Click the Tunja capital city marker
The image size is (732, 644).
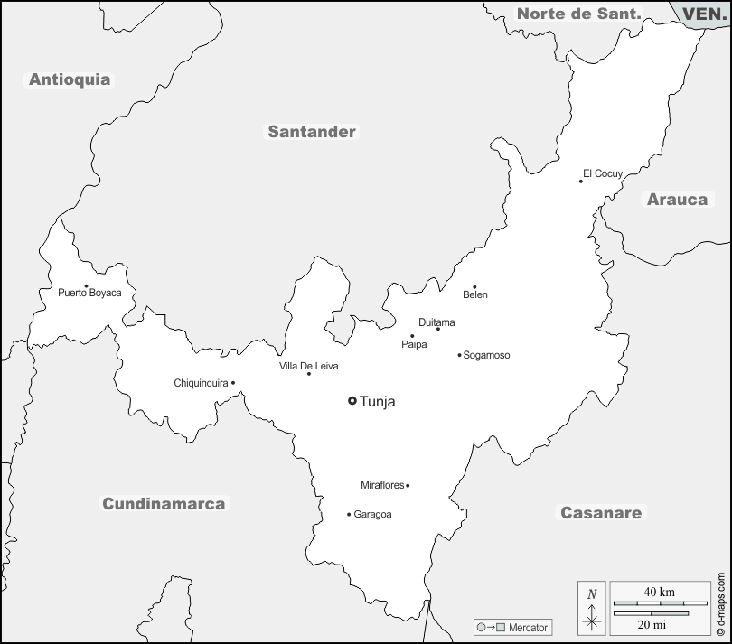click(x=352, y=401)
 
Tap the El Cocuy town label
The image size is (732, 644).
click(x=603, y=173)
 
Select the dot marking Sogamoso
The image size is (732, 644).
click(x=459, y=355)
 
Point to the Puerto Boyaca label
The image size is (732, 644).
click(x=89, y=294)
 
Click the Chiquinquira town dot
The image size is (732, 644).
click(x=233, y=383)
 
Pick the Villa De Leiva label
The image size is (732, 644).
click(x=308, y=365)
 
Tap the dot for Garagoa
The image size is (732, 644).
click(x=349, y=515)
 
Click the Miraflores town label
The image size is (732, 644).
click(x=382, y=486)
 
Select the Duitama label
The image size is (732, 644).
click(x=436, y=322)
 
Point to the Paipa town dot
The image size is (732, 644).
click(x=412, y=336)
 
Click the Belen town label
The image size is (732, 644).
click(x=474, y=295)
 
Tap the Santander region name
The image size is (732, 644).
click(x=312, y=132)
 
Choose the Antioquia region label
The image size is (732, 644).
click(x=70, y=79)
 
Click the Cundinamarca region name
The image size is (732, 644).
click(x=164, y=504)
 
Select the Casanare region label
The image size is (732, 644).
click(x=601, y=513)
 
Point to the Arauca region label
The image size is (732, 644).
click(x=677, y=200)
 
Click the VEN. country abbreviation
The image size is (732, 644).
click(x=701, y=14)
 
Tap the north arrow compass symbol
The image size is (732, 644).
click(x=592, y=609)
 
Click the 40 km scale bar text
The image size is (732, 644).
click(x=659, y=592)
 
